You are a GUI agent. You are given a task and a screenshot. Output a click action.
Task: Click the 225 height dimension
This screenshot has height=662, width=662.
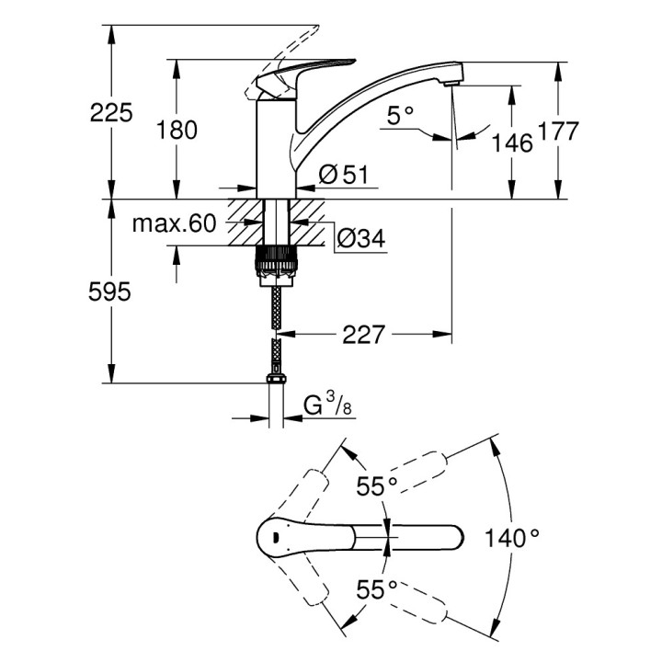click(111, 113)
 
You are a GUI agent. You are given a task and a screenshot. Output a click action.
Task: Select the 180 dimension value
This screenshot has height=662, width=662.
click(177, 131)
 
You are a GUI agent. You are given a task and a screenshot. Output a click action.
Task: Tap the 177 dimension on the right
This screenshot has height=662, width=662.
click(558, 131)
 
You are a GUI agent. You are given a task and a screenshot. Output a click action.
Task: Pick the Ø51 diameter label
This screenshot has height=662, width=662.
click(342, 173)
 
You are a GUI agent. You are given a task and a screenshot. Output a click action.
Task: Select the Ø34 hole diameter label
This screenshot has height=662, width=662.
click(360, 239)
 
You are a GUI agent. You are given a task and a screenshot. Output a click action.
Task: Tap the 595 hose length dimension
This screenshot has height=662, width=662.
click(111, 292)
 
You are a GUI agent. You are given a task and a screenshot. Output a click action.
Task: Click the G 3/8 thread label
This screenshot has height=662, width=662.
click(325, 405)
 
